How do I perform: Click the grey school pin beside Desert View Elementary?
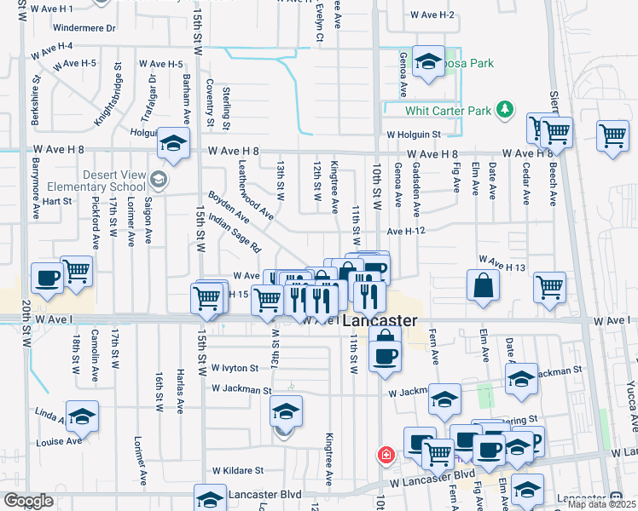(x=158, y=179)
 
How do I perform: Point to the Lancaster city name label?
(x=380, y=321)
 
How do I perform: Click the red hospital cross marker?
(x=386, y=456)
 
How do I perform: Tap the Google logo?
(x=28, y=501)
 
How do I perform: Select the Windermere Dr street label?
(x=84, y=28)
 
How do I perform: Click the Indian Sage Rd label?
(x=235, y=232)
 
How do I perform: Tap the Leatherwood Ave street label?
(x=256, y=189)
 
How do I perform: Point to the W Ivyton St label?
(x=235, y=368)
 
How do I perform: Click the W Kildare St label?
(x=238, y=469)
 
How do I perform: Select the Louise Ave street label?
(x=59, y=441)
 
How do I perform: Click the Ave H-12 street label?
(x=406, y=231)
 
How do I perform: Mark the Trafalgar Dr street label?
(x=148, y=98)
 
